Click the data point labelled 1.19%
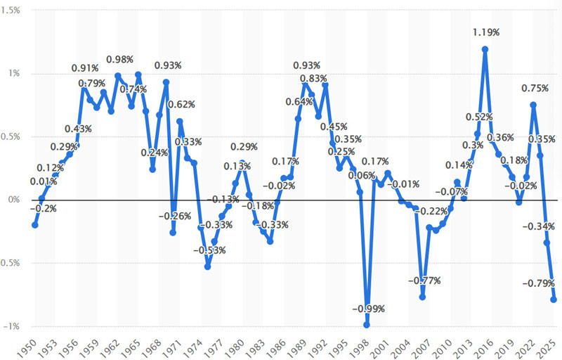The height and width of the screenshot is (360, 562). coord(485,49)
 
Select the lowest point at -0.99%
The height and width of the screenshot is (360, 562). coord(367,325)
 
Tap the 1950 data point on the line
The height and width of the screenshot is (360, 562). coord(34,225)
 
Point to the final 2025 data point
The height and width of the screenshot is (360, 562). coord(554,300)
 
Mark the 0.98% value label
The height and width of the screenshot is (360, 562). coord(119,59)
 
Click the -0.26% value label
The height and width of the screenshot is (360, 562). coord(173,216)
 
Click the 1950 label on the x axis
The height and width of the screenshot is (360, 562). coord(27,345)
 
